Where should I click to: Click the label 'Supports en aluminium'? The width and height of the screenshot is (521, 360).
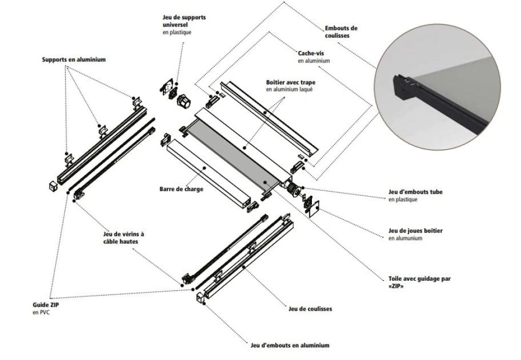pos(74,59)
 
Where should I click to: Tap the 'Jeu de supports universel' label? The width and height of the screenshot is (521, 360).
pos(177,21)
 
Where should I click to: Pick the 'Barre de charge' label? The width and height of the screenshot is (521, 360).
pos(181,189)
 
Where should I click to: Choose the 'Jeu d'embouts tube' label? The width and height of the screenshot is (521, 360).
pos(415,192)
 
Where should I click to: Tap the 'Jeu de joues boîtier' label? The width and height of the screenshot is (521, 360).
pos(415,231)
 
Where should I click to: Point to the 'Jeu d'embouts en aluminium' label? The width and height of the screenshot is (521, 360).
pos(290,345)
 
